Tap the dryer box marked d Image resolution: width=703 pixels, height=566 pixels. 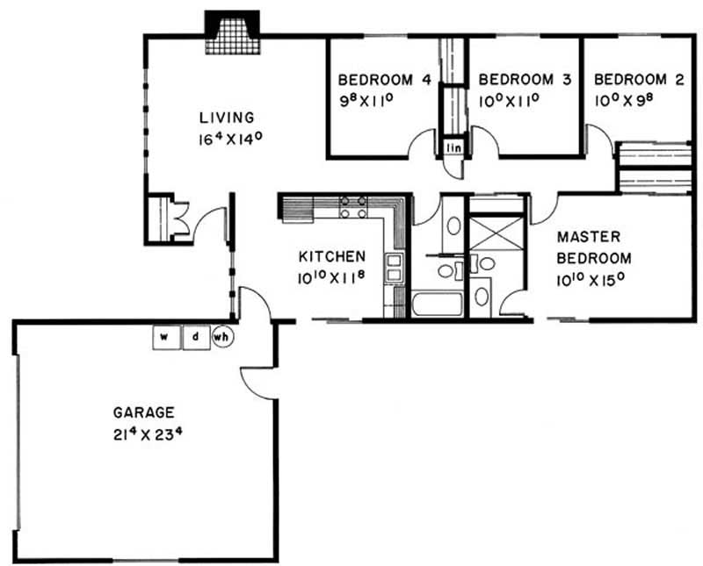coord(196,337)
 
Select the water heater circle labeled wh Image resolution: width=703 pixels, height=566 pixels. coord(222,337)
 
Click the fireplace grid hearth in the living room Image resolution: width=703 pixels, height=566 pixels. coord(233,37)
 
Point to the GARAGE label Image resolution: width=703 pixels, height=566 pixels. coord(144,412)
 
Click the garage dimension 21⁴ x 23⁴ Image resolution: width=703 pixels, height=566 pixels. coord(148,434)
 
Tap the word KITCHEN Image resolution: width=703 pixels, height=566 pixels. coord(332,256)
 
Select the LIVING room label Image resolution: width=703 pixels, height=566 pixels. coord(228,118)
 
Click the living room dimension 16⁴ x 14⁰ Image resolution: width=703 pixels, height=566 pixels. coord(230,139)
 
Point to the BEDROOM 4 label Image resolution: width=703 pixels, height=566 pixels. coord(385,80)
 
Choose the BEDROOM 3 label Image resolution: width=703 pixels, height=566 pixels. coord(525,80)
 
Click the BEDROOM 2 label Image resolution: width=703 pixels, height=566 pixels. coord(640,80)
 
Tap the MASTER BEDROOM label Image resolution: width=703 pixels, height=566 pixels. coord(594,247)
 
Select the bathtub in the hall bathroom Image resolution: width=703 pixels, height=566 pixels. coord(438,304)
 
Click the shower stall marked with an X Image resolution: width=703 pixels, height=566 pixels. coord(496,234)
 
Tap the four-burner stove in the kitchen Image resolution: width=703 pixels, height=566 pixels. coord(353,207)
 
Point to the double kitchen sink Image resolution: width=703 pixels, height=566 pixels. coord(394,268)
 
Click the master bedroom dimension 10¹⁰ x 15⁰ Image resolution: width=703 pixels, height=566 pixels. coord(591,280)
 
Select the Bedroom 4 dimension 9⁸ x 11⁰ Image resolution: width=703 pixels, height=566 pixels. coord(366,101)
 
